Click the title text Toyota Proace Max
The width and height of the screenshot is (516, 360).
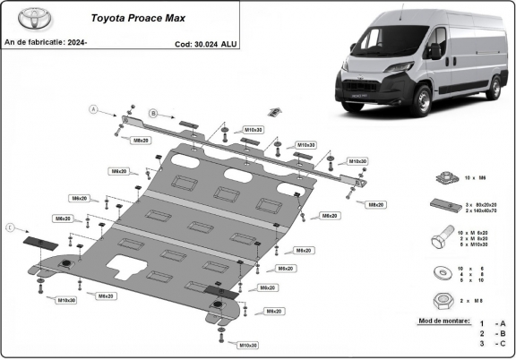[x=131, y=17]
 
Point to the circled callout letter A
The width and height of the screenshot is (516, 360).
[x=92, y=109]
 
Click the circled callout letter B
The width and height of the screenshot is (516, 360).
[x=153, y=113]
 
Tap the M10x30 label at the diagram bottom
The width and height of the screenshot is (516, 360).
[x=248, y=345]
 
